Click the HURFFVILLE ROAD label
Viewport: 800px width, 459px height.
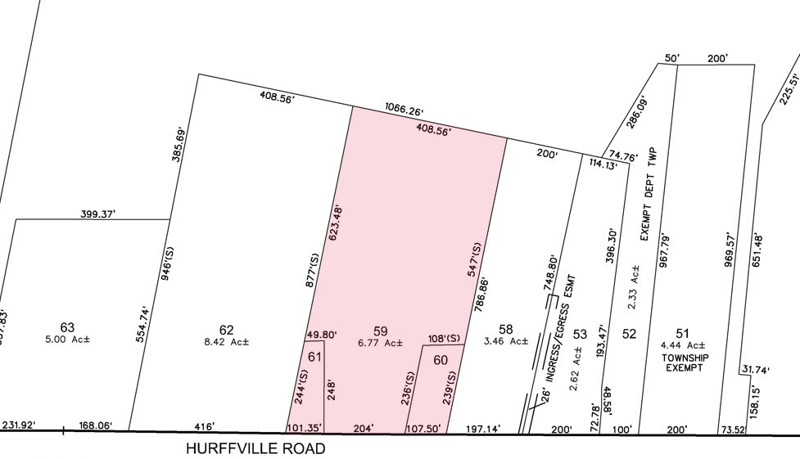point(255,449)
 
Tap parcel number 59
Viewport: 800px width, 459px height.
point(380,331)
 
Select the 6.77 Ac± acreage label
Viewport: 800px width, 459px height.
point(380,343)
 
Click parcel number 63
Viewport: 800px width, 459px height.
point(67,328)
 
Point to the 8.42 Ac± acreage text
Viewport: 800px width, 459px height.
point(226,343)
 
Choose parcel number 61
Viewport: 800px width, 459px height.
point(314,356)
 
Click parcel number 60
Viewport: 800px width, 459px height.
point(441,360)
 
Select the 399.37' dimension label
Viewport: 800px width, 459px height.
point(98,214)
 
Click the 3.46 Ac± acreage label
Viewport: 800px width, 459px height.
point(505,341)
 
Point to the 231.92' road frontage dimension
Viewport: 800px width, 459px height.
point(23,425)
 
